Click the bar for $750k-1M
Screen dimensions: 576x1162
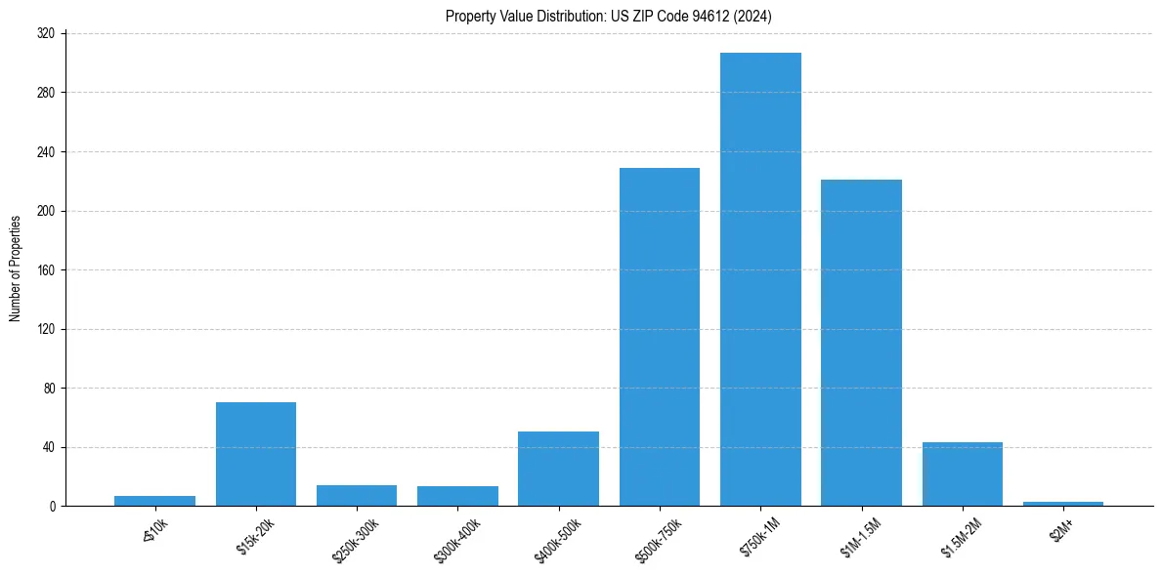(760, 279)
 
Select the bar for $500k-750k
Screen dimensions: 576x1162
(660, 337)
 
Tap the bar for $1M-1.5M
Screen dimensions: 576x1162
(861, 343)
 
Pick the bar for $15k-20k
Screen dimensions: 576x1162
(256, 454)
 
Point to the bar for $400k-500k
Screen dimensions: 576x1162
(558, 469)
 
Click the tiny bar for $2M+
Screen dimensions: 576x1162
(1063, 504)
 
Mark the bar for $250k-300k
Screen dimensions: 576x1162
(357, 496)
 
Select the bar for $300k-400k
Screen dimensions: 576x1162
(457, 496)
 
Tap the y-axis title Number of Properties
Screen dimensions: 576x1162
(16, 269)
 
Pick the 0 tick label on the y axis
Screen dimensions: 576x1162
(53, 507)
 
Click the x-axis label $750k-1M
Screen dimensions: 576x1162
(756, 536)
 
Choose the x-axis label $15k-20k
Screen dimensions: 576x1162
(252, 536)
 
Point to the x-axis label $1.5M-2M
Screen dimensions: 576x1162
(958, 537)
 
